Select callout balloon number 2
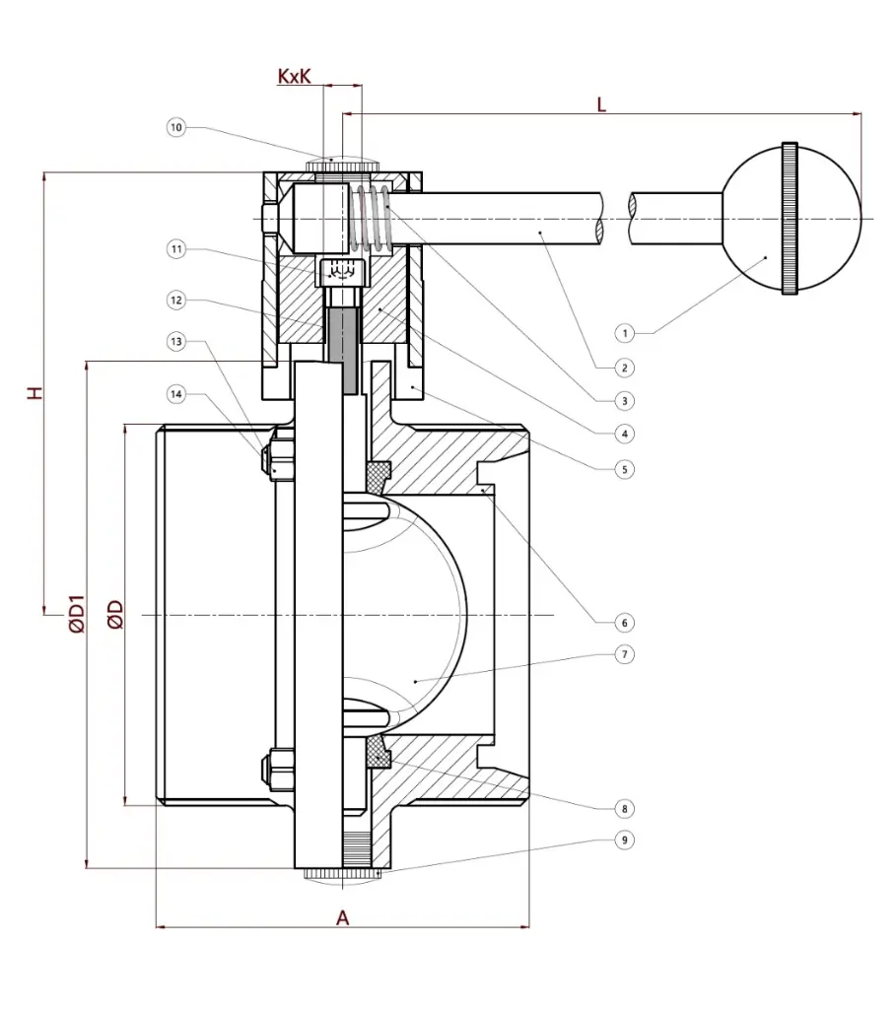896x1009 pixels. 623,367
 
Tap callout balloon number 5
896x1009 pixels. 623,470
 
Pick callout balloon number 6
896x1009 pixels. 623,623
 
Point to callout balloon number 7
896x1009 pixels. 623,653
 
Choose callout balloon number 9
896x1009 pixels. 623,841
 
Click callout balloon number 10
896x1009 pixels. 176,127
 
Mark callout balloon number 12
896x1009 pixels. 176,300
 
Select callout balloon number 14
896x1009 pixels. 176,395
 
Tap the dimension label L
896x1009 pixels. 601,103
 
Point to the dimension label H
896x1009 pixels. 35,393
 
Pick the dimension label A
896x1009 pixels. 343,917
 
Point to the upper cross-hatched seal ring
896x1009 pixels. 379,475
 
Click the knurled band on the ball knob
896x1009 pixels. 790,218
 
